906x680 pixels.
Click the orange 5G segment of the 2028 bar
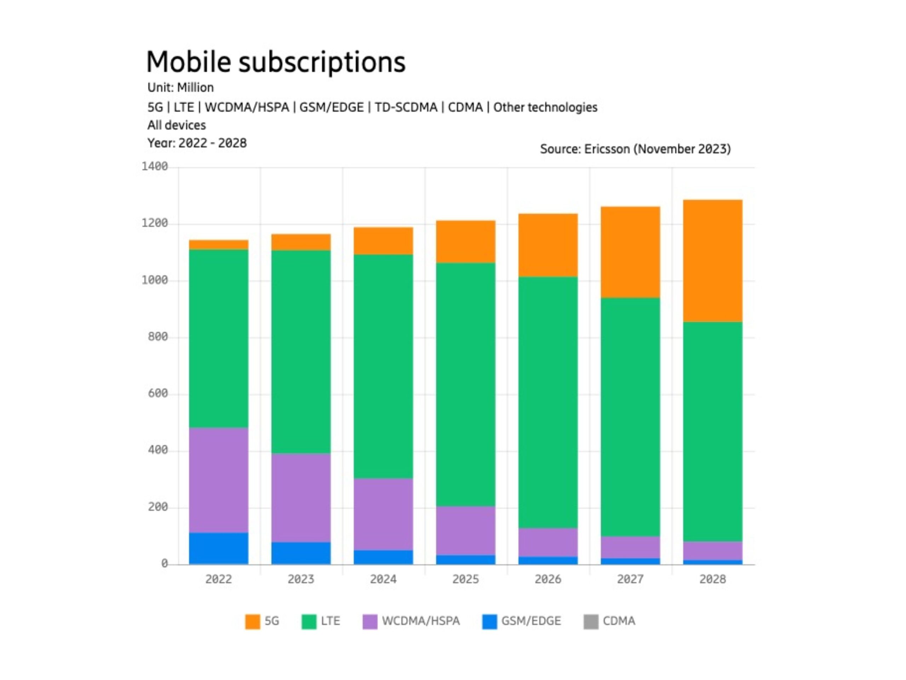tap(712, 261)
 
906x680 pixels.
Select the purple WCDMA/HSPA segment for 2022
tap(218, 480)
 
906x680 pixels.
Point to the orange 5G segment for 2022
tap(218, 245)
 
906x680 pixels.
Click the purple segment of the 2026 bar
tap(547, 542)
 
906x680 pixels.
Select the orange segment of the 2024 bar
tap(383, 241)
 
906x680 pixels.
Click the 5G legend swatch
tap(252, 622)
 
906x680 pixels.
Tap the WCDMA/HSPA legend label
tap(421, 621)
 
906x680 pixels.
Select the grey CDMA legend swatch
tap(591, 622)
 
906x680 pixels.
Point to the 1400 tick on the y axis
tap(154, 166)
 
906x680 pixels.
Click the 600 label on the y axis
tap(158, 393)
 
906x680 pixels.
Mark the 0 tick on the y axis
tap(164, 563)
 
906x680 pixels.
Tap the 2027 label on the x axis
tap(630, 579)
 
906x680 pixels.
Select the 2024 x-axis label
tap(383, 579)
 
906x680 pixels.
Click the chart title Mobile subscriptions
tap(276, 62)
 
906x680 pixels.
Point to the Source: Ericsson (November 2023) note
tap(635, 149)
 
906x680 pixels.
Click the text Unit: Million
tap(180, 87)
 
